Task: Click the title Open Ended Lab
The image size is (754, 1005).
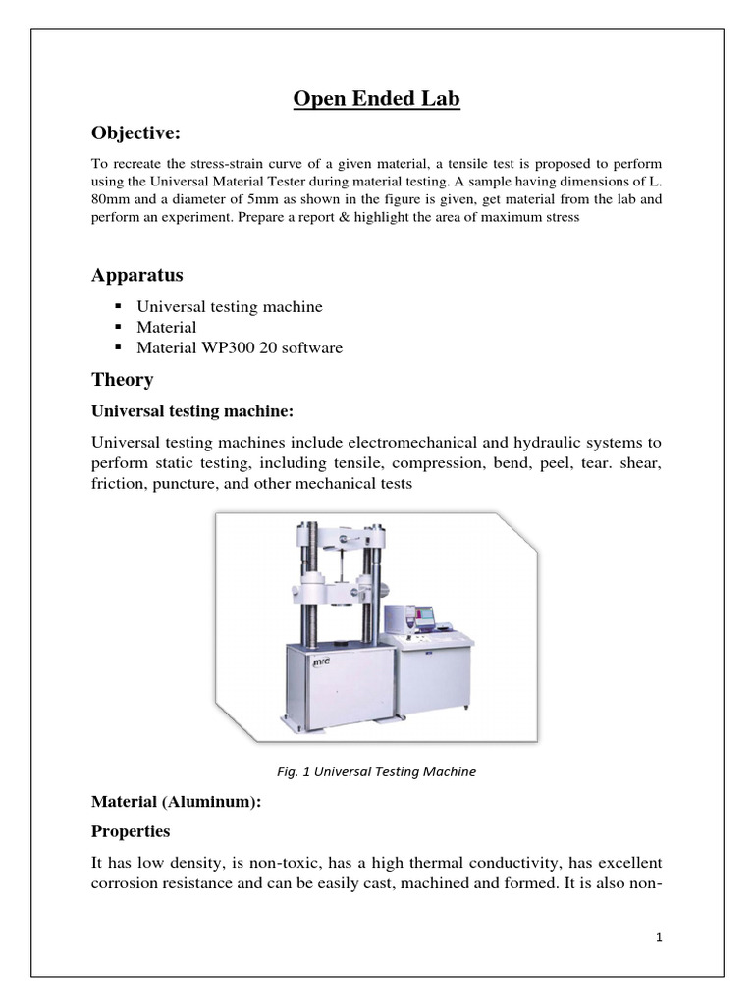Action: pos(377,99)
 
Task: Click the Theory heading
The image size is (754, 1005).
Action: pos(122,379)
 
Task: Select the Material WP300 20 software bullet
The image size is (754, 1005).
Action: pos(241,347)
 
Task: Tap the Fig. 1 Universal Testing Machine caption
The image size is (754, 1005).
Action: pos(376,771)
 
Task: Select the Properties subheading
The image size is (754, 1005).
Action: pos(130,831)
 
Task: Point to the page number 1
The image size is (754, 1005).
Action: pos(660,937)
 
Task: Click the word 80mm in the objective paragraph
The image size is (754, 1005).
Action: pos(112,198)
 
